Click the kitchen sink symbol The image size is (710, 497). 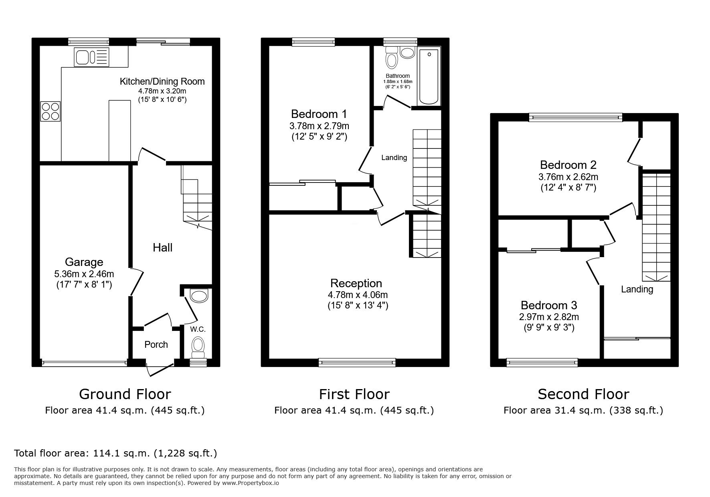[91, 57]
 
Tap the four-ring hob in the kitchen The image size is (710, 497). [51, 111]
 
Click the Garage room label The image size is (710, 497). [84, 262]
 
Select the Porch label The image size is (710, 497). [156, 345]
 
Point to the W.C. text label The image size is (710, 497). [198, 329]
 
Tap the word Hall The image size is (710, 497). [162, 247]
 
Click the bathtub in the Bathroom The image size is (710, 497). [429, 76]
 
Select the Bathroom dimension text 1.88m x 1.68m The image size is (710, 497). [398, 81]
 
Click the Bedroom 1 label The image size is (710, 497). [319, 114]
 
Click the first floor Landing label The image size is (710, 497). [394, 158]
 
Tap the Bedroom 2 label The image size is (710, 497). [568, 165]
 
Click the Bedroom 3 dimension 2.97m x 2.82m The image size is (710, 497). [549, 317]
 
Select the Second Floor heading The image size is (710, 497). [583, 394]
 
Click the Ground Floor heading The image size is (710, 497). [125, 394]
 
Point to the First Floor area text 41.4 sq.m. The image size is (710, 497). [354, 410]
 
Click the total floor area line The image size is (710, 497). [115, 453]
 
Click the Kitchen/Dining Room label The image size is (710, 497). [162, 81]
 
